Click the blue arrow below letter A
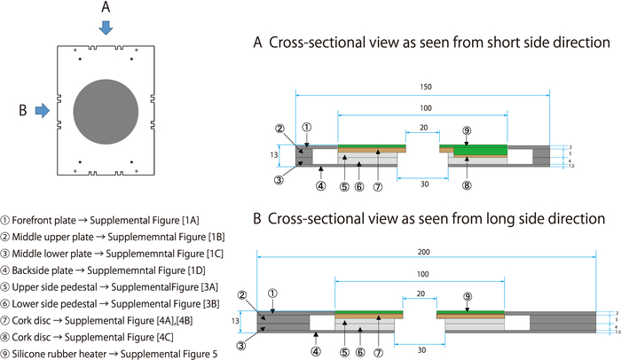pos(106,27)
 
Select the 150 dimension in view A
pos(426,88)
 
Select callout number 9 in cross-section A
pos(467,129)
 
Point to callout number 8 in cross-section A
pos(467,185)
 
